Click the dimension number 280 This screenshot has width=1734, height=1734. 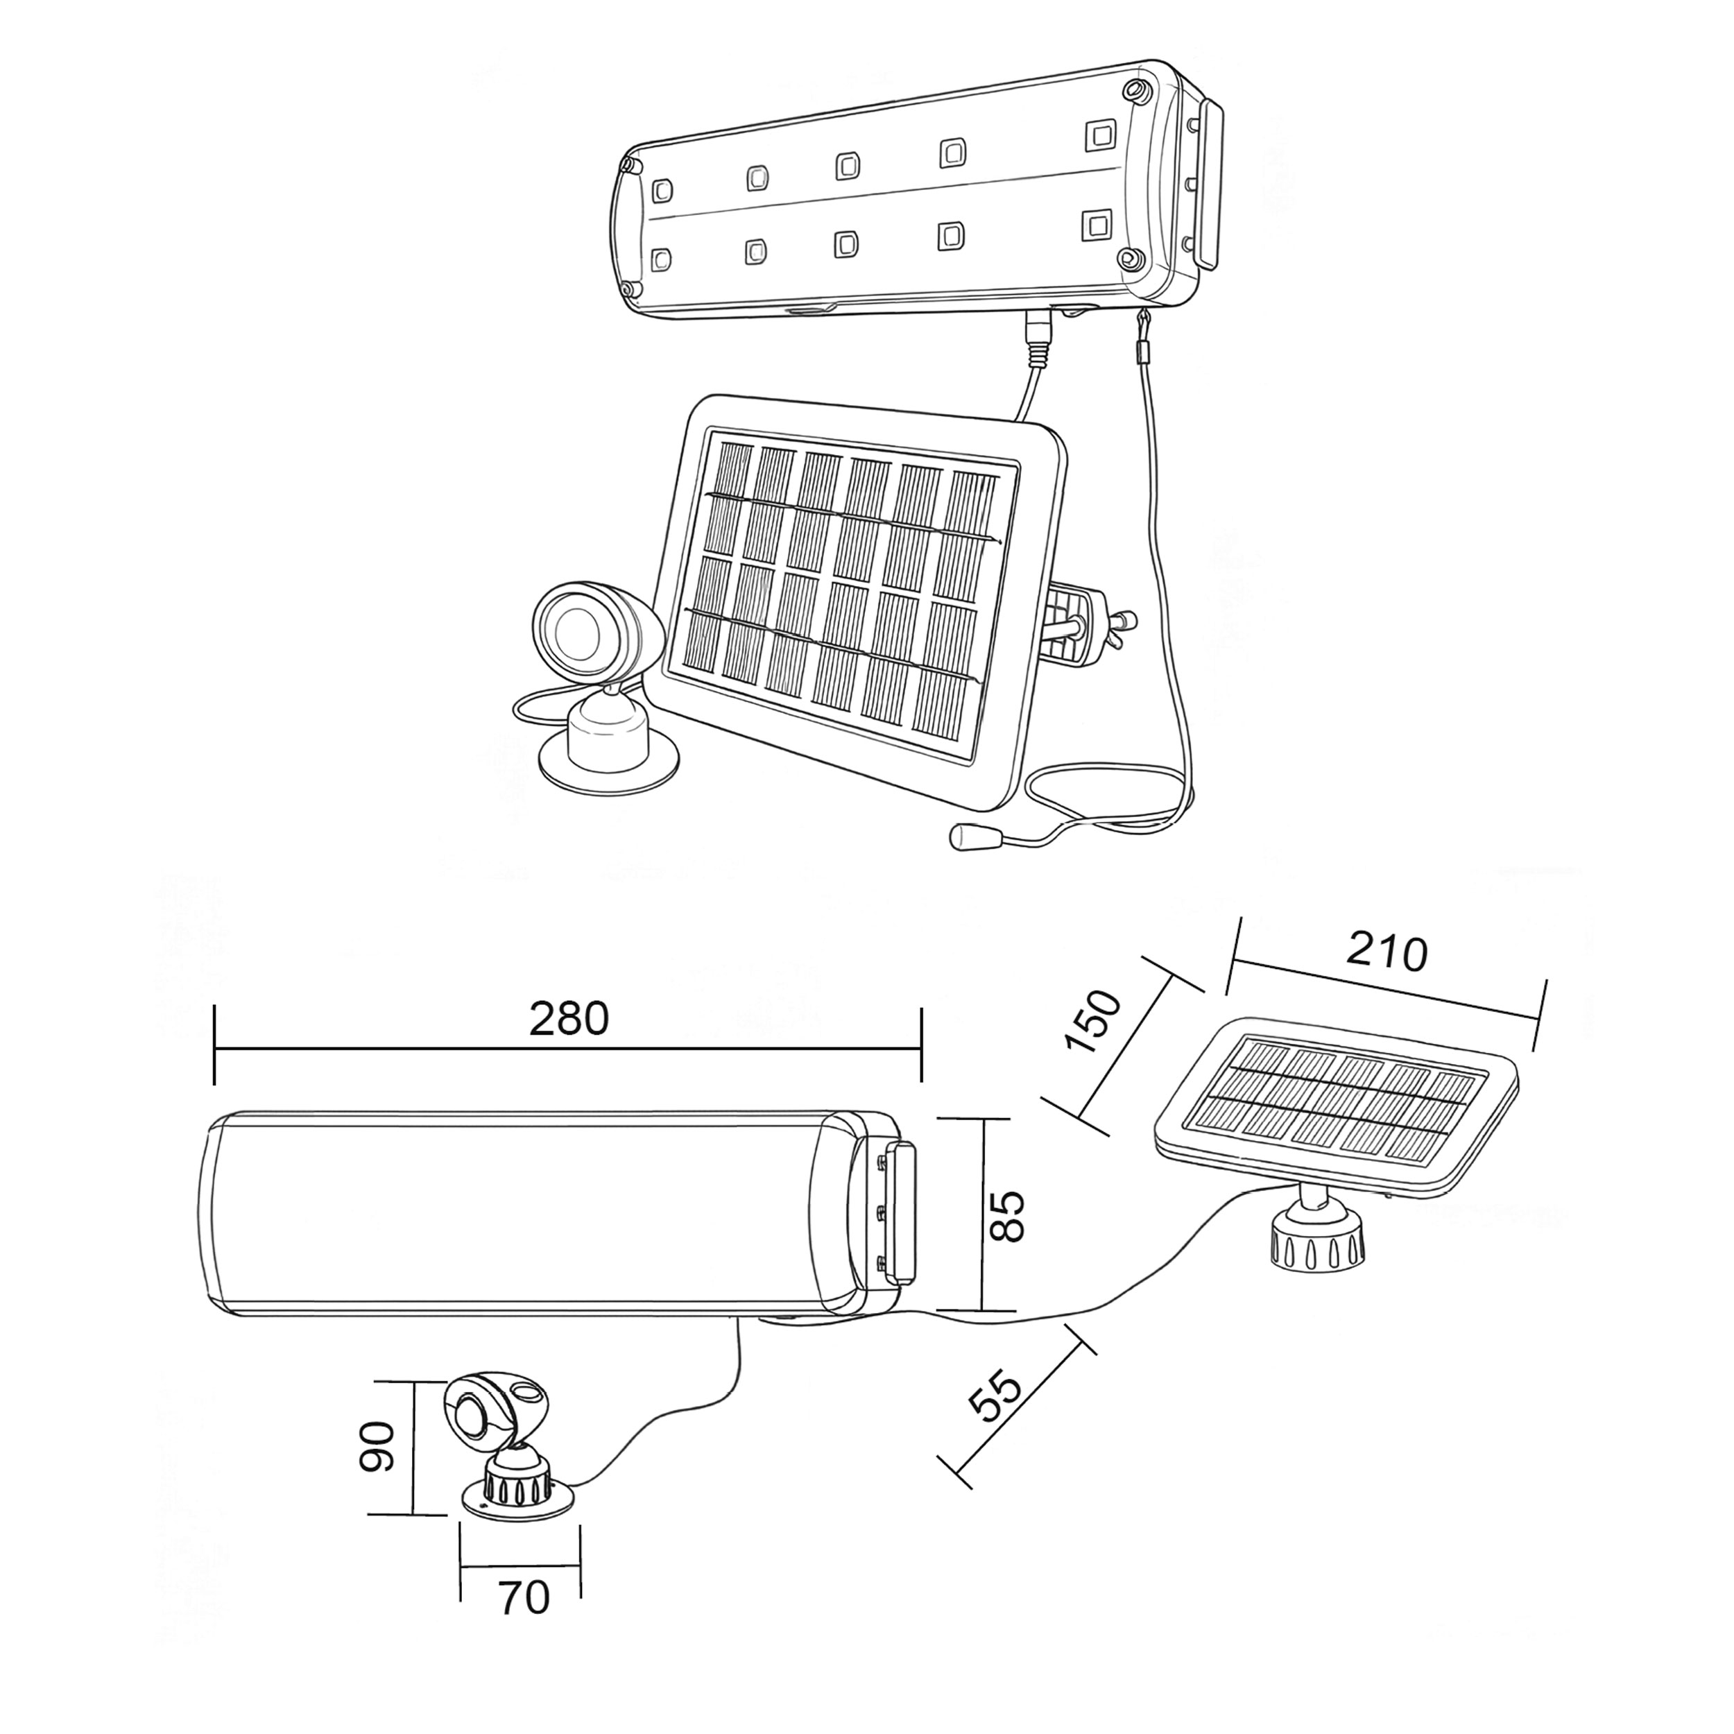(x=568, y=1019)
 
